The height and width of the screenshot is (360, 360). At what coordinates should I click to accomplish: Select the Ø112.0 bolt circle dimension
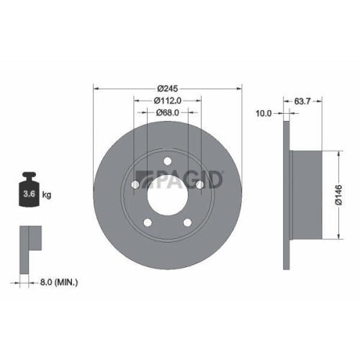tap(168, 100)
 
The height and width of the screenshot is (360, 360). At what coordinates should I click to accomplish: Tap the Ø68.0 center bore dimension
tap(168, 112)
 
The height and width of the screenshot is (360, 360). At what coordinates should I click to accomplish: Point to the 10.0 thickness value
tap(265, 112)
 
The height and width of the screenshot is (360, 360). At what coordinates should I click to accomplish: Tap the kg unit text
tap(47, 194)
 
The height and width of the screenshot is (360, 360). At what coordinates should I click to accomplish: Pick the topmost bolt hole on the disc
tap(168, 161)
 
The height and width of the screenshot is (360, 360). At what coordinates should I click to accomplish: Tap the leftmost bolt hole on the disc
tap(135, 185)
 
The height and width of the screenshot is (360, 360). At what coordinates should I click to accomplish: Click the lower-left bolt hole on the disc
tap(148, 222)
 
